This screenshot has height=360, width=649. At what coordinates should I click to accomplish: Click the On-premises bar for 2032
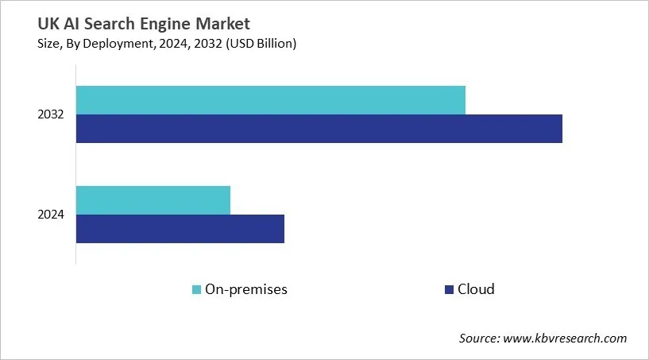[270, 99]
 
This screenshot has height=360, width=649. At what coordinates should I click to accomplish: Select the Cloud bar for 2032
[319, 129]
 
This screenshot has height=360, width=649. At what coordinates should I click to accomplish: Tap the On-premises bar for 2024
[153, 199]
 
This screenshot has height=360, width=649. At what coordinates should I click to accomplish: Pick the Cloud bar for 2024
[180, 229]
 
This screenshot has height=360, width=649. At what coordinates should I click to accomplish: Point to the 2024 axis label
[51, 215]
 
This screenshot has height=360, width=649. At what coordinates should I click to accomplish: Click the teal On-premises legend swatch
[196, 289]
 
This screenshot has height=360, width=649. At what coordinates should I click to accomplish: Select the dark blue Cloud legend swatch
[449, 289]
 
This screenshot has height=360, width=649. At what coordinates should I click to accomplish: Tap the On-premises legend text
[246, 289]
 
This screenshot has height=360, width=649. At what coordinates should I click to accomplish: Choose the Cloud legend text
[477, 289]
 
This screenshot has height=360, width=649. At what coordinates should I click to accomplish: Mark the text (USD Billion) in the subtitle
[257, 44]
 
